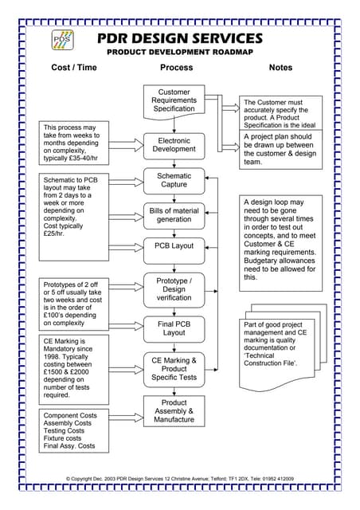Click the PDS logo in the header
tap(61, 40)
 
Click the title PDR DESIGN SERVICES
tap(179, 38)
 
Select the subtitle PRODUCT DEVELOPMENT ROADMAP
tap(179, 52)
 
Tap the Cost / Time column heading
tap(73, 68)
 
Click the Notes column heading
tap(280, 68)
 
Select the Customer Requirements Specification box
tap(174, 100)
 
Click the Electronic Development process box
tap(174, 144)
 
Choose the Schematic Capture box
tap(174, 180)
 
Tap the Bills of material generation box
tap(174, 214)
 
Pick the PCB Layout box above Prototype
tap(174, 246)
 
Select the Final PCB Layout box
tap(174, 328)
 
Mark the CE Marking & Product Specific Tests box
tap(174, 369)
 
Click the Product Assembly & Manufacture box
tap(174, 411)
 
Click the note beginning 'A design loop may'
tap(280, 240)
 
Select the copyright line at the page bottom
tap(179, 478)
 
